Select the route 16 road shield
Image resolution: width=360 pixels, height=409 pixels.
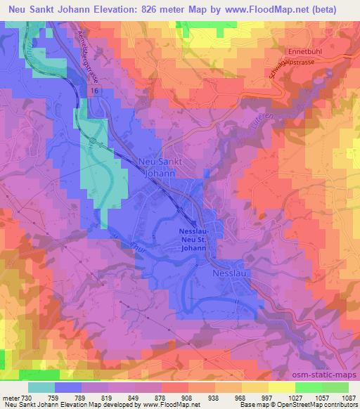(94, 91)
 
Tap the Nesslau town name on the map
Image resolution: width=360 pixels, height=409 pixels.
(229, 271)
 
